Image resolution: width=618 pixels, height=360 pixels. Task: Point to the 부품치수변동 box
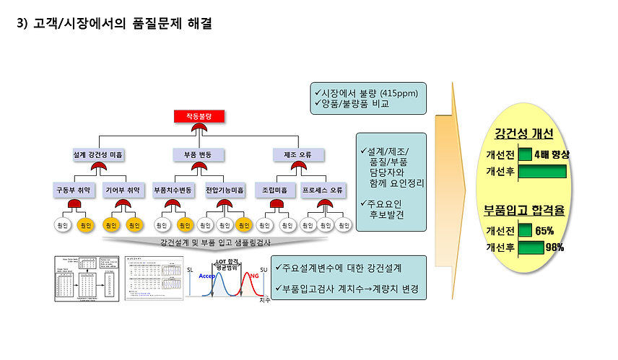(173, 190)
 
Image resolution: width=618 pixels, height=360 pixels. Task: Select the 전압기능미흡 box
(225, 190)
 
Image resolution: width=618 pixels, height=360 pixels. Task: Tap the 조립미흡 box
(275, 190)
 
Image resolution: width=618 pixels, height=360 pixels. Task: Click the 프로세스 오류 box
(323, 190)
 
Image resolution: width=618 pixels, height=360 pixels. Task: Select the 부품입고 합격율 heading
(524, 212)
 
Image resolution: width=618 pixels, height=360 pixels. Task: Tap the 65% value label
(544, 231)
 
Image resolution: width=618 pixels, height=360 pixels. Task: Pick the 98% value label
(555, 247)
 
